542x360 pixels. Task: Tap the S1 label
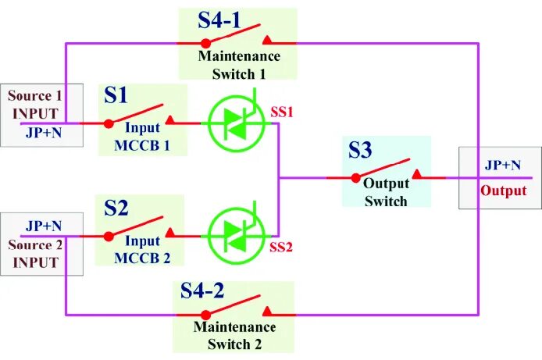pos(116,95)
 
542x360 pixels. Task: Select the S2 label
pos(116,208)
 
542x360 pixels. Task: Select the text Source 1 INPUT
pos(35,104)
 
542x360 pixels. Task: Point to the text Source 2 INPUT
pos(34,253)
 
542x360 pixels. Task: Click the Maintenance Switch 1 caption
pos(239,65)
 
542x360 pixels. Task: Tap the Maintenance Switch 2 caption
pos(234,334)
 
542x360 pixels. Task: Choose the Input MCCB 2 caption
pos(142,251)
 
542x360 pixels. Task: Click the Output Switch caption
pos(386,194)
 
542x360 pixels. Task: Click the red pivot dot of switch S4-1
pos(205,42)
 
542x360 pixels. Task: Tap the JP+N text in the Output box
pos(502,165)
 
